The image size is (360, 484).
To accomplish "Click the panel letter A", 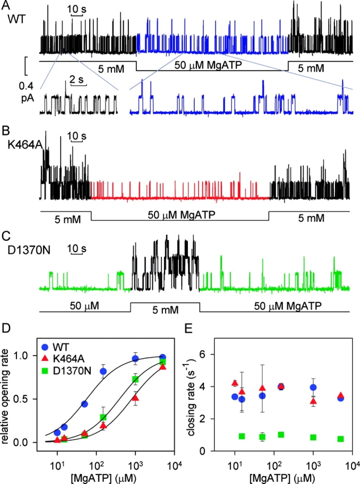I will (12, 6).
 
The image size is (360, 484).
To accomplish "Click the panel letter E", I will (196, 329).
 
